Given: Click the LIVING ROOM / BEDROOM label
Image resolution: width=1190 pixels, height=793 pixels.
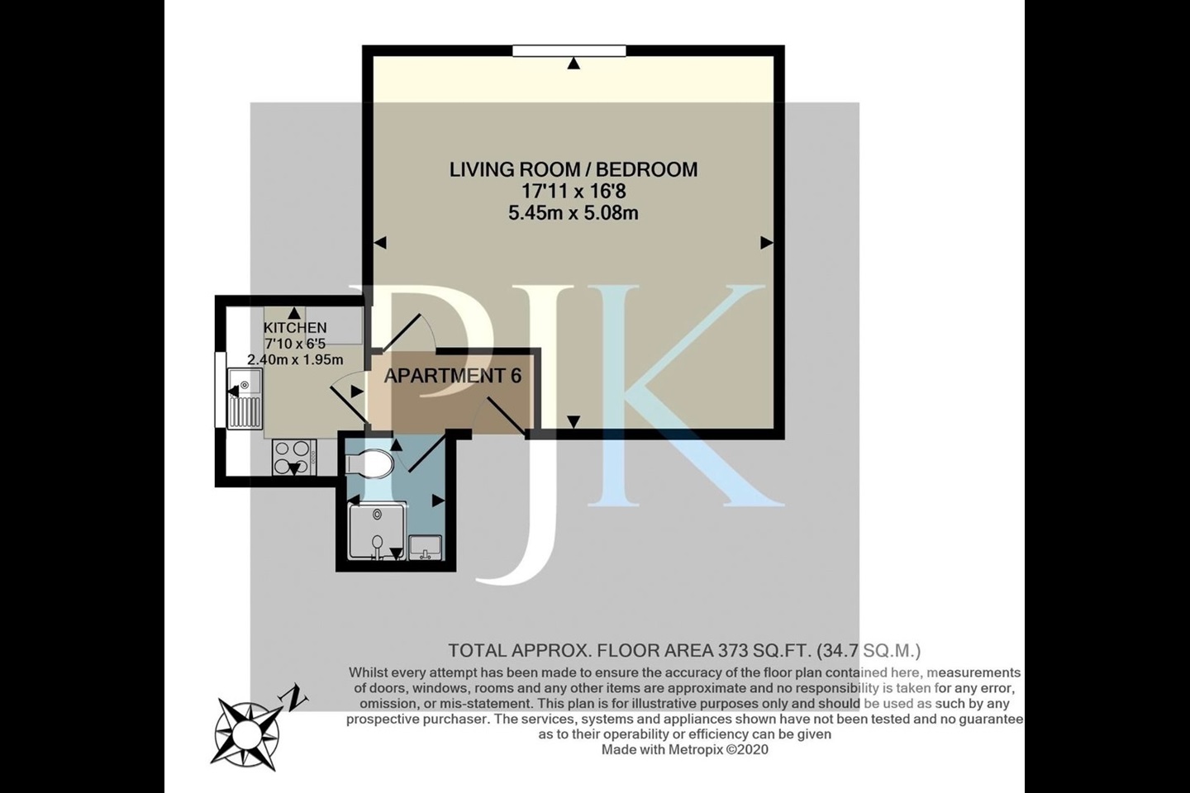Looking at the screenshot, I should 573,169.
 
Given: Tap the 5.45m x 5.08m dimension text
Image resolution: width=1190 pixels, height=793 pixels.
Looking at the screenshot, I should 573,213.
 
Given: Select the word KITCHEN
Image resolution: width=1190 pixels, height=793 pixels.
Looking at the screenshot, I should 295,328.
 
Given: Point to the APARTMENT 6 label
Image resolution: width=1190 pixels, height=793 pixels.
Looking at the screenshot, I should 453,376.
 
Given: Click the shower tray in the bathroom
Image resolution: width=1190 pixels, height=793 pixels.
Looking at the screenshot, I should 377,532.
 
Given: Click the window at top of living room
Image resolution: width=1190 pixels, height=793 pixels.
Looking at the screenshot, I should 569,51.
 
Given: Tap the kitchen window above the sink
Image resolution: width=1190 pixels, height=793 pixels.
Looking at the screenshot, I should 221,390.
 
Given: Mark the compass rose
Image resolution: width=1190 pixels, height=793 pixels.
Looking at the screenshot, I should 247,733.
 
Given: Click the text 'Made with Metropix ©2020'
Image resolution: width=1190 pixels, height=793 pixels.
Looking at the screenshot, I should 684,749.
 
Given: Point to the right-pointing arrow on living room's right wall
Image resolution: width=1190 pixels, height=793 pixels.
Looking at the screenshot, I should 767,243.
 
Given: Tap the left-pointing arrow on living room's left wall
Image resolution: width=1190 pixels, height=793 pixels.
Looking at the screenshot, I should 380,243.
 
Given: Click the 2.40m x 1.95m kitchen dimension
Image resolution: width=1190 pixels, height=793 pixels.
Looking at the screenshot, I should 295,359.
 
